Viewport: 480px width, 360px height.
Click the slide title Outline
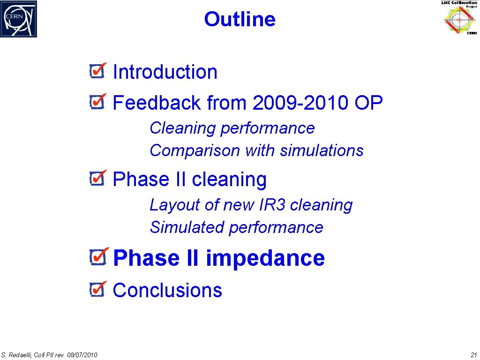(240, 20)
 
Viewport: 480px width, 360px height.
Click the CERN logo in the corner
(19, 19)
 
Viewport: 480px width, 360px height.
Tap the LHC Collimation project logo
(459, 18)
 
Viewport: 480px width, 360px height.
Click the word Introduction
(165, 72)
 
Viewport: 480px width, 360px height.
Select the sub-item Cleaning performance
(232, 128)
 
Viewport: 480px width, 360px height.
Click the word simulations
(322, 150)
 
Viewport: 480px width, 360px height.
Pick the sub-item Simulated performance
(236, 227)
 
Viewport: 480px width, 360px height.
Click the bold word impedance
(265, 258)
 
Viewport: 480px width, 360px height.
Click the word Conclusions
(167, 290)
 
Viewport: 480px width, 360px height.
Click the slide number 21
(473, 354)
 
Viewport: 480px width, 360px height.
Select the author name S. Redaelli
(16, 355)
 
